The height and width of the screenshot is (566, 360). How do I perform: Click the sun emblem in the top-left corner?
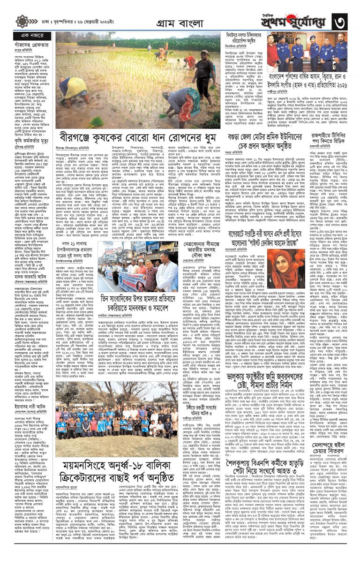point(22,21)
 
